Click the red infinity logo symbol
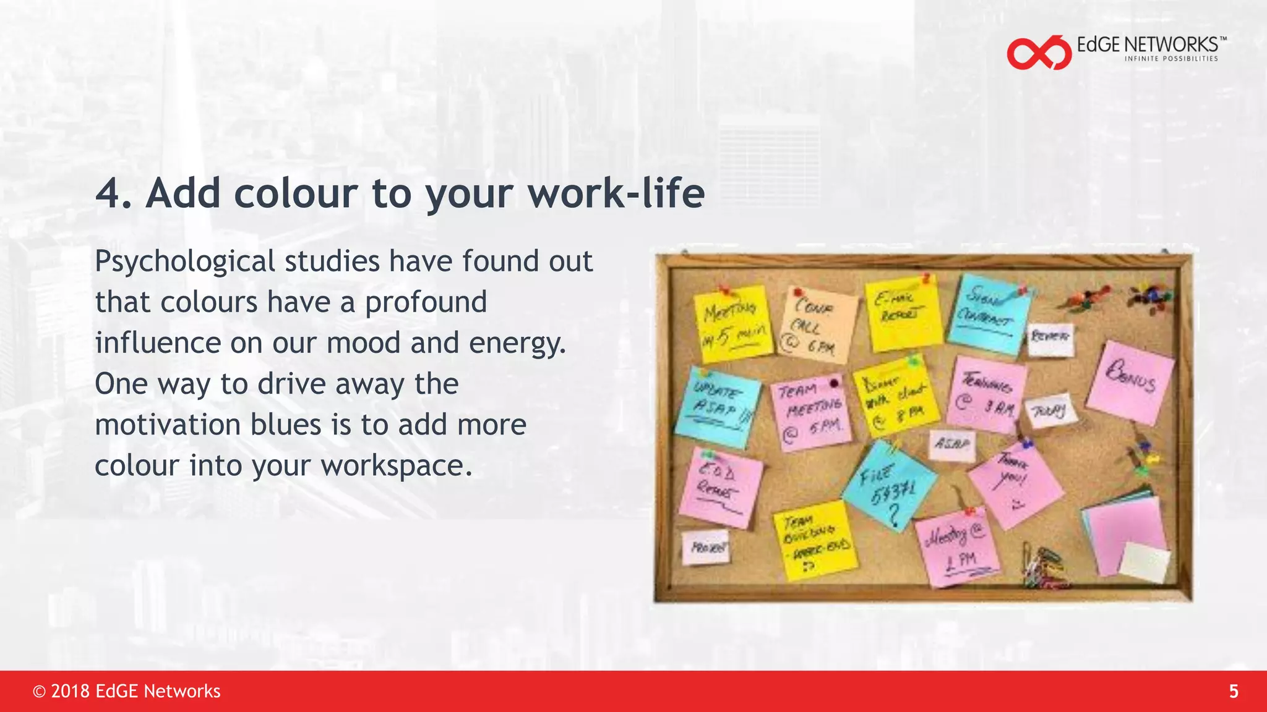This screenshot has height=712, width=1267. pyautogui.click(x=1039, y=53)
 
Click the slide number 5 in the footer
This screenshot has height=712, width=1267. pyautogui.click(x=1233, y=691)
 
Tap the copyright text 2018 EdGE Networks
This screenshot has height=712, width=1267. pyautogui.click(x=127, y=691)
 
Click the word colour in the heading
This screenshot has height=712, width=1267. pyautogui.click(x=296, y=193)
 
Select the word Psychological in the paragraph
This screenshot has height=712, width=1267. pyautogui.click(x=185, y=261)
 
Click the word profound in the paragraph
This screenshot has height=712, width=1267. pyautogui.click(x=426, y=302)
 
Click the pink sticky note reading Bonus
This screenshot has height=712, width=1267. pyautogui.click(x=1131, y=382)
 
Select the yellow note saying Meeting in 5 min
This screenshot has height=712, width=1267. pyautogui.click(x=734, y=323)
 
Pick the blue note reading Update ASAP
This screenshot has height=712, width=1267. pyautogui.click(x=718, y=407)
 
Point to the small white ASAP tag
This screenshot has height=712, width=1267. pyautogui.click(x=952, y=444)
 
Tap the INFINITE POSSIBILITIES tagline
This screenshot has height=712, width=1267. pyautogui.click(x=1170, y=59)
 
